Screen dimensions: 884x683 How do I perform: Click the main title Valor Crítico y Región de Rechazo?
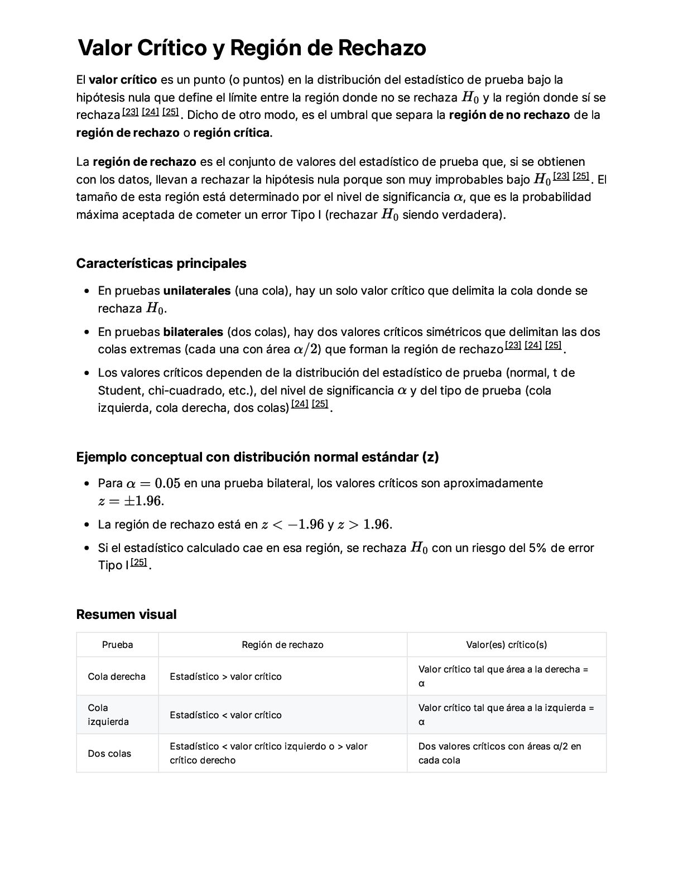click(252, 48)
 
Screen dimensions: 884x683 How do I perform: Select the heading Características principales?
click(161, 263)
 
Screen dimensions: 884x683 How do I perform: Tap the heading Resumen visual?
click(126, 614)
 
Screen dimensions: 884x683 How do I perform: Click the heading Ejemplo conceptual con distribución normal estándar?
click(257, 457)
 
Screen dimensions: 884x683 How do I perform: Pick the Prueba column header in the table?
click(117, 645)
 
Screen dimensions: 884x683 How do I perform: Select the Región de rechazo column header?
click(282, 645)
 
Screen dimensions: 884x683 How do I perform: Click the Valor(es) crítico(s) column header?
click(506, 645)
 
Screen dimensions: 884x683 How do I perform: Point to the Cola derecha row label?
click(117, 676)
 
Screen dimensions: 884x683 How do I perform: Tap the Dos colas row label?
click(109, 753)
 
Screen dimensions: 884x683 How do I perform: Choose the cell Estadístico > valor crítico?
click(225, 676)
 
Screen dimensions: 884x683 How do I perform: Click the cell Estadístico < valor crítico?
click(225, 715)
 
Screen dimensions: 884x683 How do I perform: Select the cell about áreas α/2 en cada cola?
click(499, 753)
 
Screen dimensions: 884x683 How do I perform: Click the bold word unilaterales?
click(196, 291)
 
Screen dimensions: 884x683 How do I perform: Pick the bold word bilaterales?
click(193, 332)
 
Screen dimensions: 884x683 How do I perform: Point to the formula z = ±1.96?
click(131, 501)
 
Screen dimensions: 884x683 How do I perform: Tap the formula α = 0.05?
click(153, 483)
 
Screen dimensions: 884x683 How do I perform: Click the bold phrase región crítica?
click(232, 133)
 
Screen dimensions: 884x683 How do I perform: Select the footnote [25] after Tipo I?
click(138, 563)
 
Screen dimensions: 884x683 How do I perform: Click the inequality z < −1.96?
click(292, 525)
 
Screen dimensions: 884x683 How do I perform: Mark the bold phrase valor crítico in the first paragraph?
click(123, 80)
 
